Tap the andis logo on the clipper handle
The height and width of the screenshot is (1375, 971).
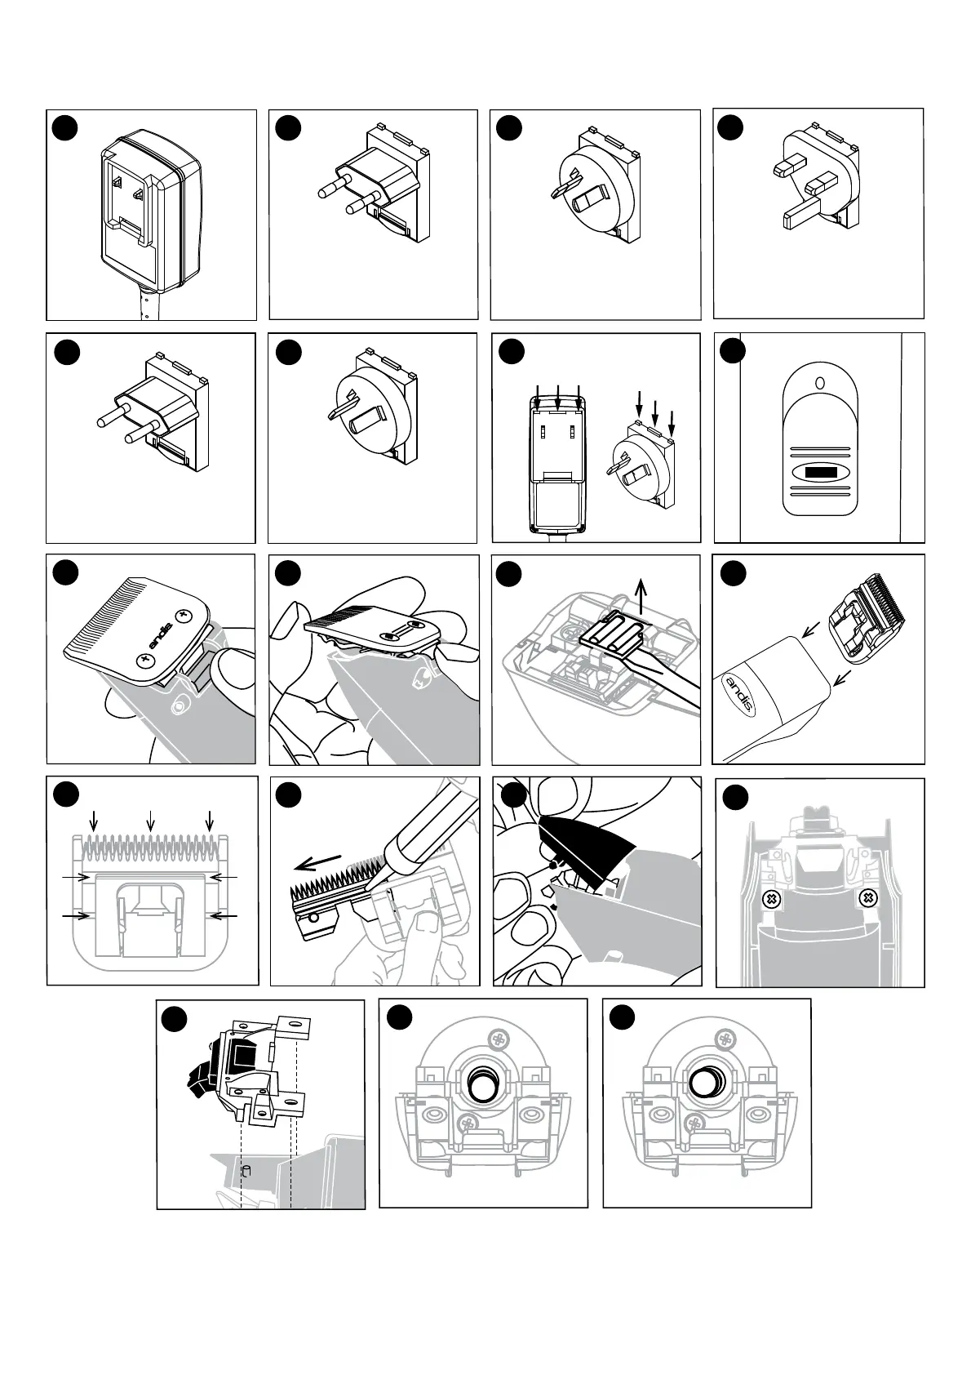pyautogui.click(x=739, y=691)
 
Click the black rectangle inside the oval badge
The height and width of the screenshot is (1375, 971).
pyautogui.click(x=819, y=473)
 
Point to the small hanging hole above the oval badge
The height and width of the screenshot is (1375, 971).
pyautogui.click(x=819, y=382)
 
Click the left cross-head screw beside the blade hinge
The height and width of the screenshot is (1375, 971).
pyautogui.click(x=768, y=899)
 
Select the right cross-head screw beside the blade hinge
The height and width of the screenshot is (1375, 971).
pyautogui.click(x=870, y=899)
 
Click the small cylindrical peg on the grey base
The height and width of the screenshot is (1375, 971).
pyautogui.click(x=245, y=1171)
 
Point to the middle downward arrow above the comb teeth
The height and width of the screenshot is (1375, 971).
pyautogui.click(x=149, y=818)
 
